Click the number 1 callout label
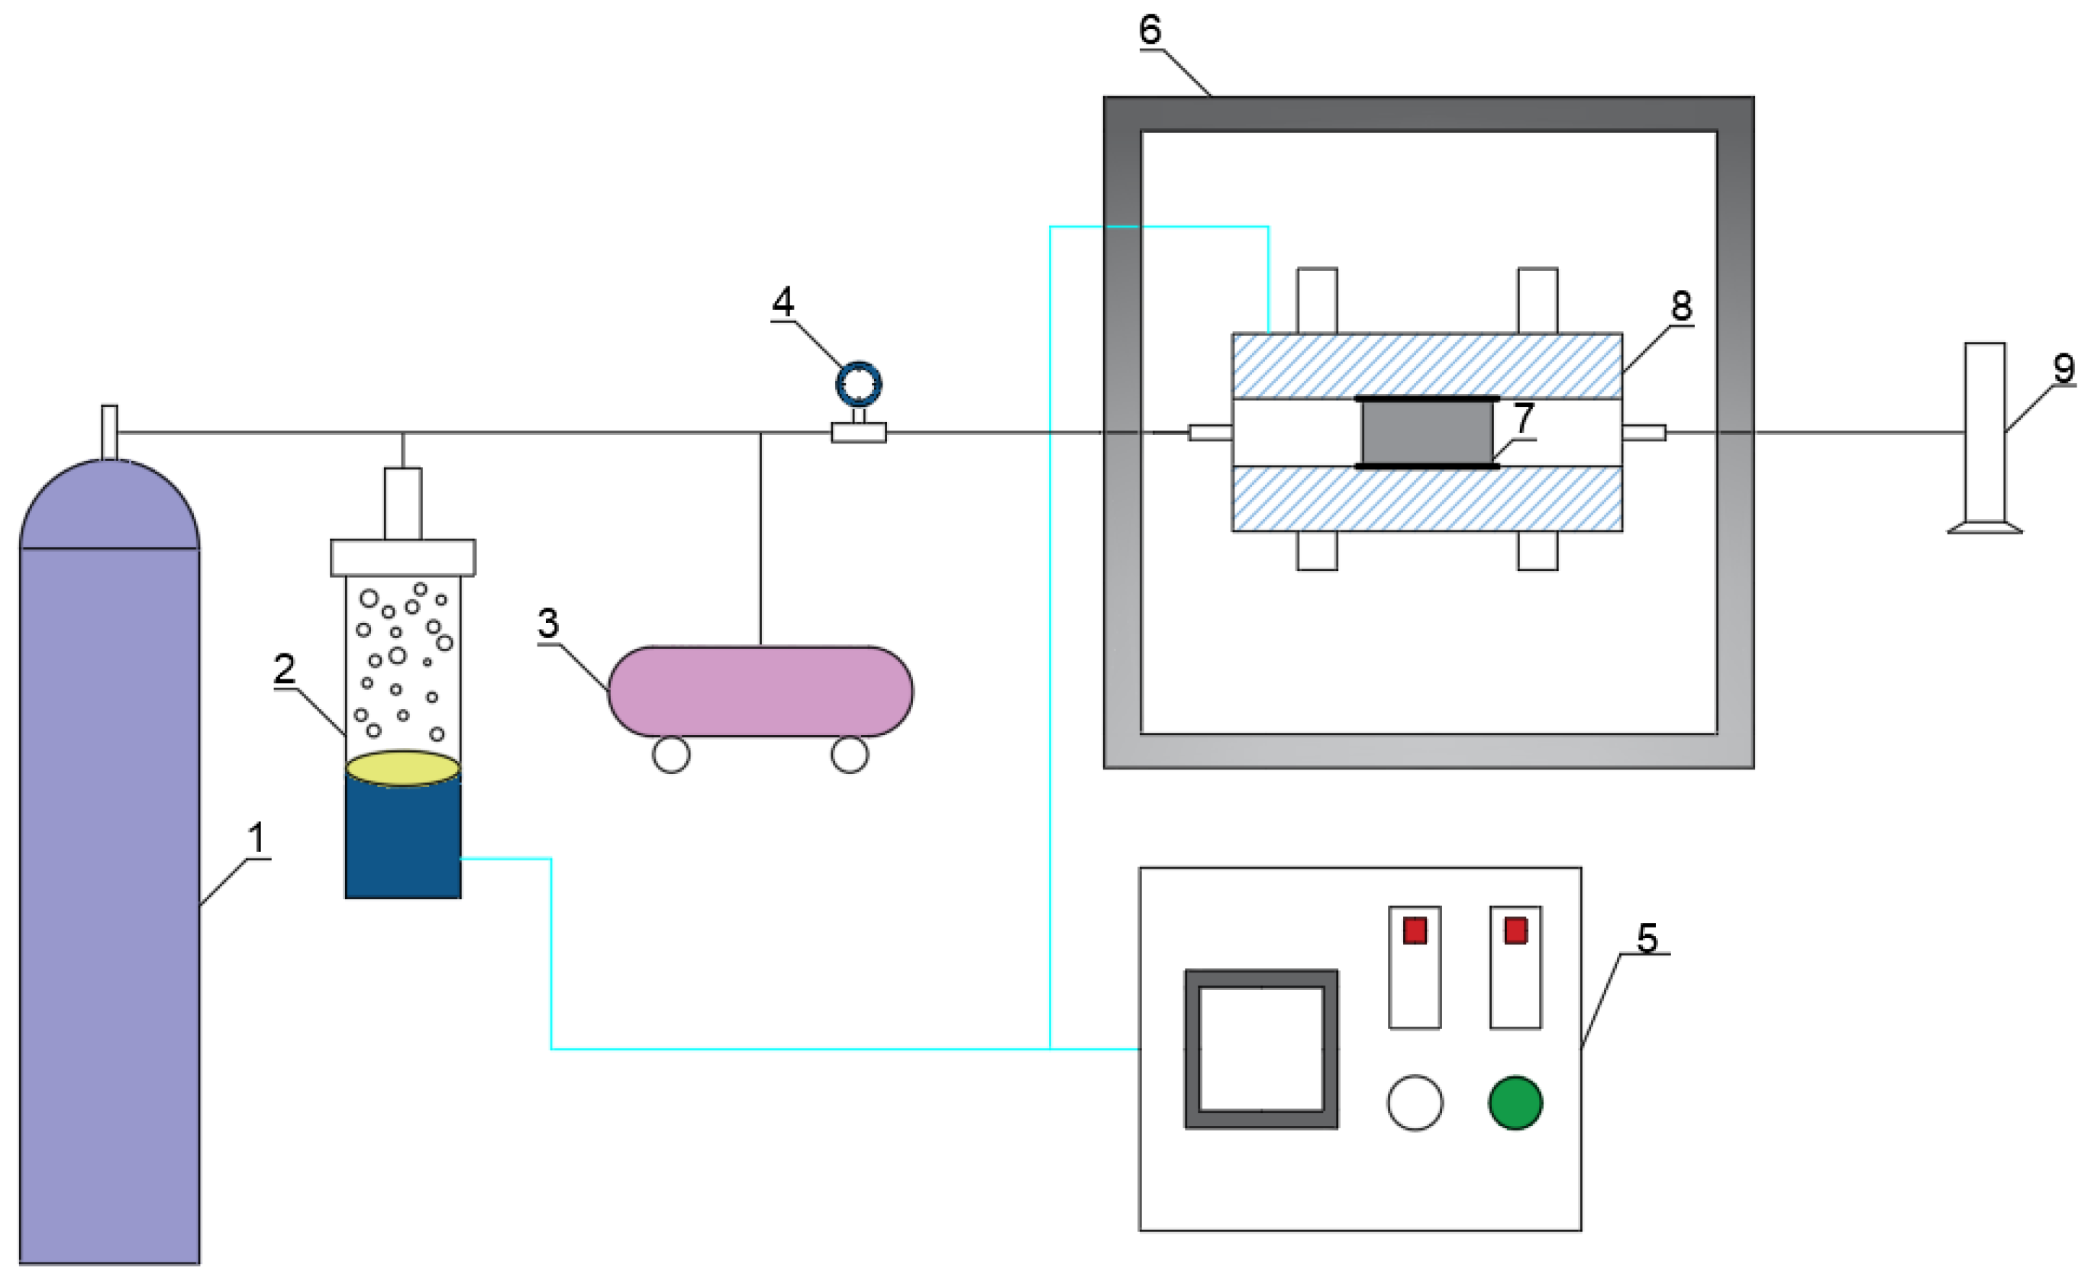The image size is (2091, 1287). point(257,838)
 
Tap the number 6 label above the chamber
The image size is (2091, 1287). point(1150,30)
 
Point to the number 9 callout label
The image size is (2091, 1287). point(2064,369)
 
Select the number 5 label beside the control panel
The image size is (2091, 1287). point(1647,939)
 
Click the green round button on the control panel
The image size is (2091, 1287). point(1515,1102)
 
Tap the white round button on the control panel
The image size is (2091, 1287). point(1415,1102)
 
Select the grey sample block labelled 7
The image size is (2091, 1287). point(1427,432)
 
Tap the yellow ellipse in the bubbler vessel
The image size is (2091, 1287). point(402,768)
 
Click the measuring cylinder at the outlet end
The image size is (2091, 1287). point(1985,437)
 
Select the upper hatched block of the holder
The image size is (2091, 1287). point(1427,365)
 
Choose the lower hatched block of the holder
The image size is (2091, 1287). point(1427,498)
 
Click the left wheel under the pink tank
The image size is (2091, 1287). point(672,754)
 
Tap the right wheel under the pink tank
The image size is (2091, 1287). point(850,754)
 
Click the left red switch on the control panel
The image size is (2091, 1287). point(1415,931)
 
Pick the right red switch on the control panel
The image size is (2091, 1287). point(1515,931)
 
